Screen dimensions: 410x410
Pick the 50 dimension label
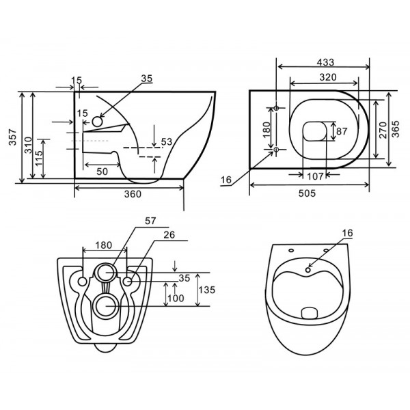(100, 172)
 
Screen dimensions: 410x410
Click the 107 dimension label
(315, 175)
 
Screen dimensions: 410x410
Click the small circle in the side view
(96, 122)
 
